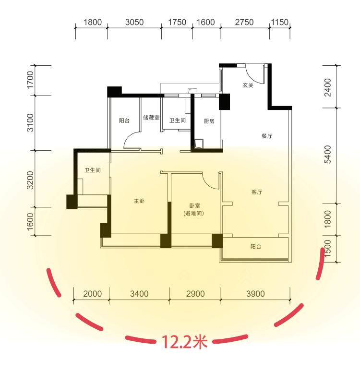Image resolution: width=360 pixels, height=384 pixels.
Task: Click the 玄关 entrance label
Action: tap(248, 85)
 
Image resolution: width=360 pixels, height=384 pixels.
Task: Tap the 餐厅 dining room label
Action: tap(267, 136)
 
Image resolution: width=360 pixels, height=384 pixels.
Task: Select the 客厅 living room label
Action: tap(257, 192)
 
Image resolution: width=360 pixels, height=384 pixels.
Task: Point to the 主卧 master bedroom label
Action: tap(139, 201)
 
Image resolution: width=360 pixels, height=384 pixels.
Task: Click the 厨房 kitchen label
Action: tap(209, 121)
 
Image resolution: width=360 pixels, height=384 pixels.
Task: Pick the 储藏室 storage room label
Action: tap(151, 118)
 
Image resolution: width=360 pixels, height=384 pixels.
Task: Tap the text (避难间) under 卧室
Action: tap(193, 214)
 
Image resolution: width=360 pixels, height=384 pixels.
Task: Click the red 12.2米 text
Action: tap(185, 342)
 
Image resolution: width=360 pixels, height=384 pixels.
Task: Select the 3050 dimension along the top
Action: tap(134, 22)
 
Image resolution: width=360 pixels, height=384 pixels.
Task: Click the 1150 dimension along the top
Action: tap(280, 22)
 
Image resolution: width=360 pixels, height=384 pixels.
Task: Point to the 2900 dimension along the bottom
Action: tap(195, 294)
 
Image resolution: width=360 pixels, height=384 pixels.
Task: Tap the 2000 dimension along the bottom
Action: tap(92, 294)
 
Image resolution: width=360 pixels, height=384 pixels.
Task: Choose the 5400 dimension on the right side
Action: tap(327, 155)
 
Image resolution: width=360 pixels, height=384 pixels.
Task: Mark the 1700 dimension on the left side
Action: tap(30, 80)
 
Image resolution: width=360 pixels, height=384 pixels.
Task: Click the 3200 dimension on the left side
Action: tap(30, 180)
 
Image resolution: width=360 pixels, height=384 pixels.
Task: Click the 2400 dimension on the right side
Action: tap(327, 87)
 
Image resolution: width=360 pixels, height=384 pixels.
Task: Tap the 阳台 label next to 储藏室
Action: tap(124, 120)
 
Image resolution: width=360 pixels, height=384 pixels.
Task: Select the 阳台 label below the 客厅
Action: tap(256, 247)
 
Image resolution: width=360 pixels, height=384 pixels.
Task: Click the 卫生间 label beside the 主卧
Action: tap(92, 170)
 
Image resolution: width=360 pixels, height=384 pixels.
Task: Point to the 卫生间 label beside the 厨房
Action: tap(178, 120)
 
